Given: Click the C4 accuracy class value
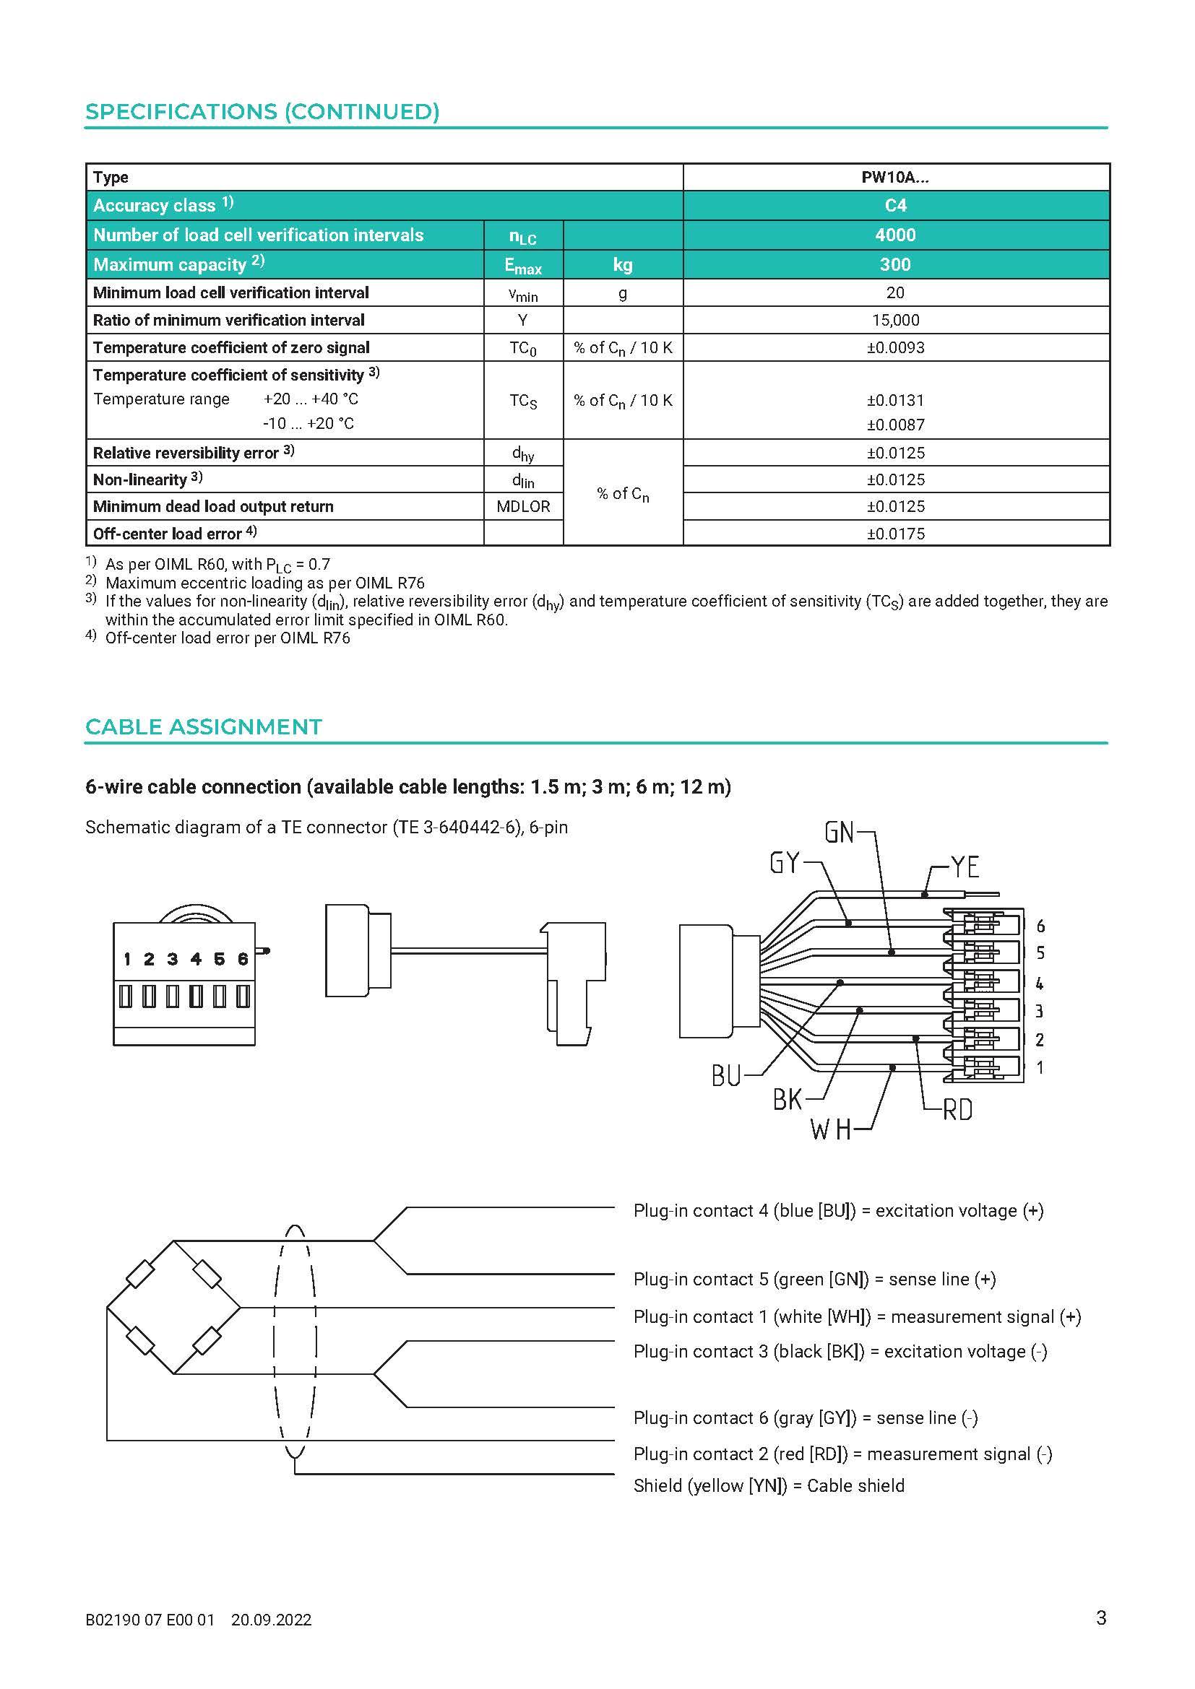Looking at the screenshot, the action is click(x=894, y=205).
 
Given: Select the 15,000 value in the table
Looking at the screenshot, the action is click(x=894, y=320).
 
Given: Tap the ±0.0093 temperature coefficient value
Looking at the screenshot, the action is click(x=894, y=347).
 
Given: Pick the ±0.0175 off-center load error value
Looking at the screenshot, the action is click(x=894, y=534).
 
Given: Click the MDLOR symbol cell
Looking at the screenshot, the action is click(x=523, y=506).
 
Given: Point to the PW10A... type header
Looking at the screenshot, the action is click(x=894, y=178).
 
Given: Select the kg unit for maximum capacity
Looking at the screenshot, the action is click(x=623, y=264).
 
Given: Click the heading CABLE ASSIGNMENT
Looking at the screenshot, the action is click(x=204, y=727).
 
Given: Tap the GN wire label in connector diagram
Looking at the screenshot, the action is click(x=840, y=833).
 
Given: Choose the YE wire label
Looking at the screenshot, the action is click(x=965, y=867).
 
